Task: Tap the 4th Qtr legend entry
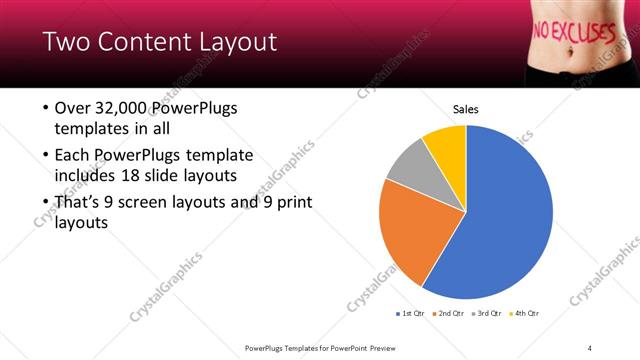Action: (527, 314)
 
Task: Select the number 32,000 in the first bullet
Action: (122, 108)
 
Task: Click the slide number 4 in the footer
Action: (590, 347)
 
